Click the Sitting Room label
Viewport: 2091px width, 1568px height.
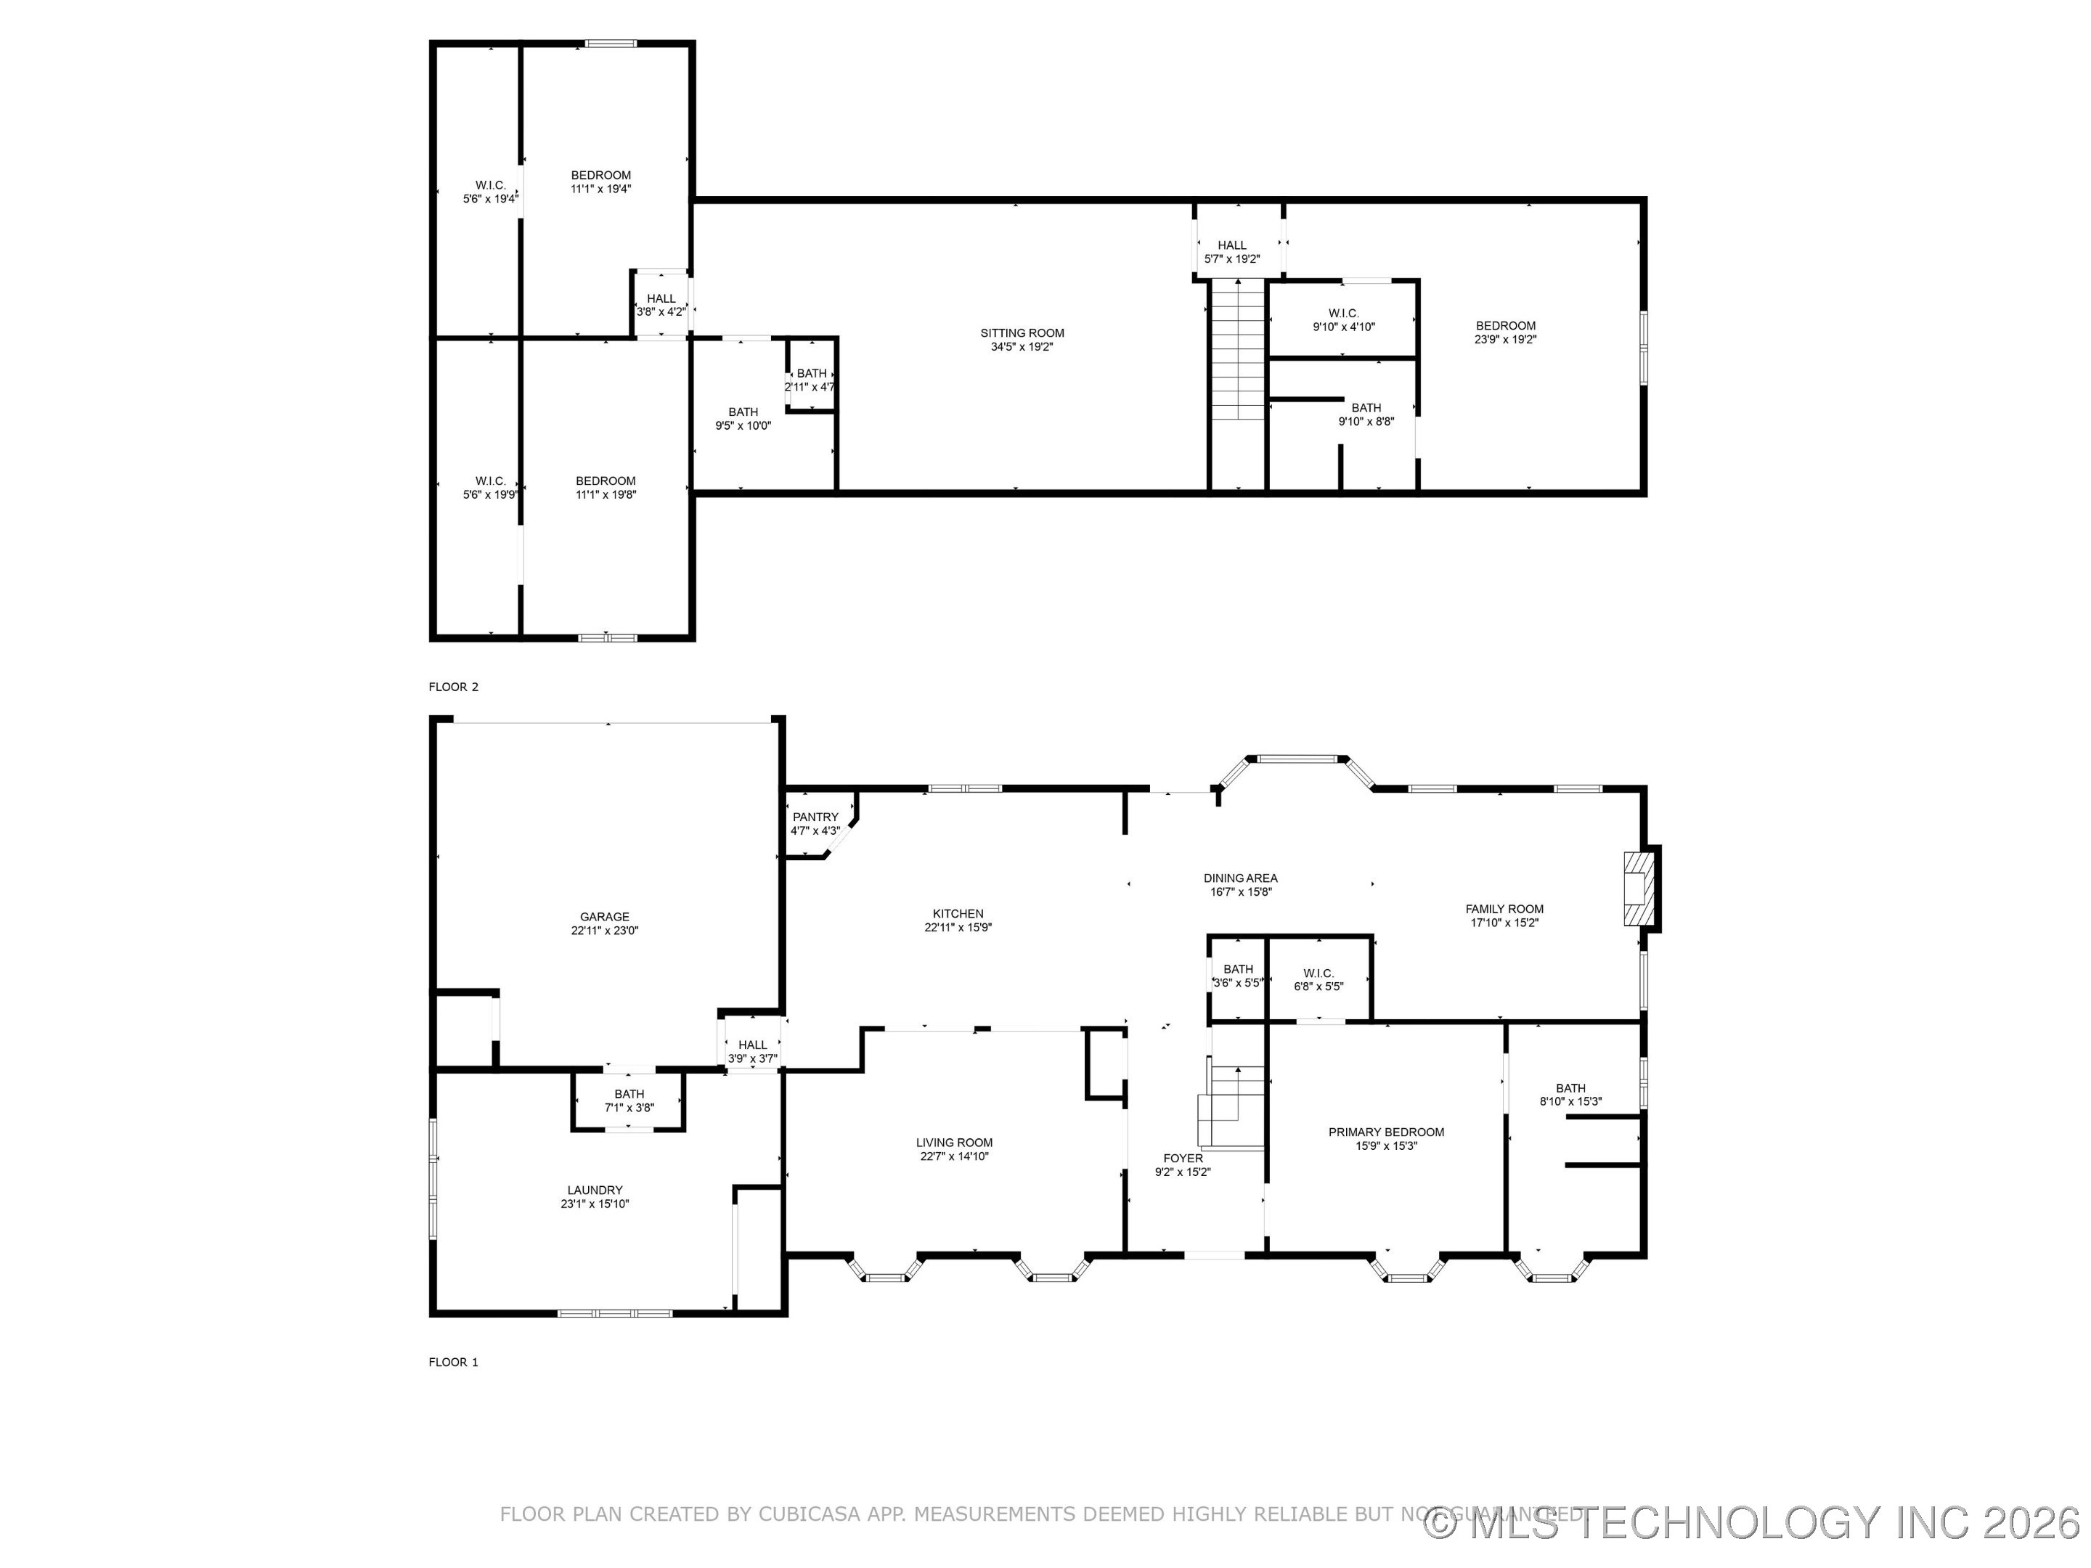point(1022,332)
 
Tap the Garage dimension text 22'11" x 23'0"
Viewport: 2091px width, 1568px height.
point(604,930)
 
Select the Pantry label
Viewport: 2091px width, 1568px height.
point(815,817)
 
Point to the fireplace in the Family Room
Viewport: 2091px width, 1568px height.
point(1640,888)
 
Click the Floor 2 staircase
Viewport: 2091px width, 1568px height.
point(1239,350)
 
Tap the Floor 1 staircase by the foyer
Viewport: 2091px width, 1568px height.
point(1234,1106)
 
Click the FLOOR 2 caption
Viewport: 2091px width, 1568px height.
point(454,687)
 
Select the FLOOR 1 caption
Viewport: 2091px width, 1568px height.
point(454,1362)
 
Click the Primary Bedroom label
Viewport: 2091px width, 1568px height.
point(1386,1132)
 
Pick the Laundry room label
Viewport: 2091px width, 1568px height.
point(595,1190)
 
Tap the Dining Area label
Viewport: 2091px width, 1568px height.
point(1240,878)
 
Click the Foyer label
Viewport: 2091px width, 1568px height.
point(1183,1158)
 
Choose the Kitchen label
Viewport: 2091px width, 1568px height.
point(958,914)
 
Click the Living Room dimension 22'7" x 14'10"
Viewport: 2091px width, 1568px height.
point(954,1156)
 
